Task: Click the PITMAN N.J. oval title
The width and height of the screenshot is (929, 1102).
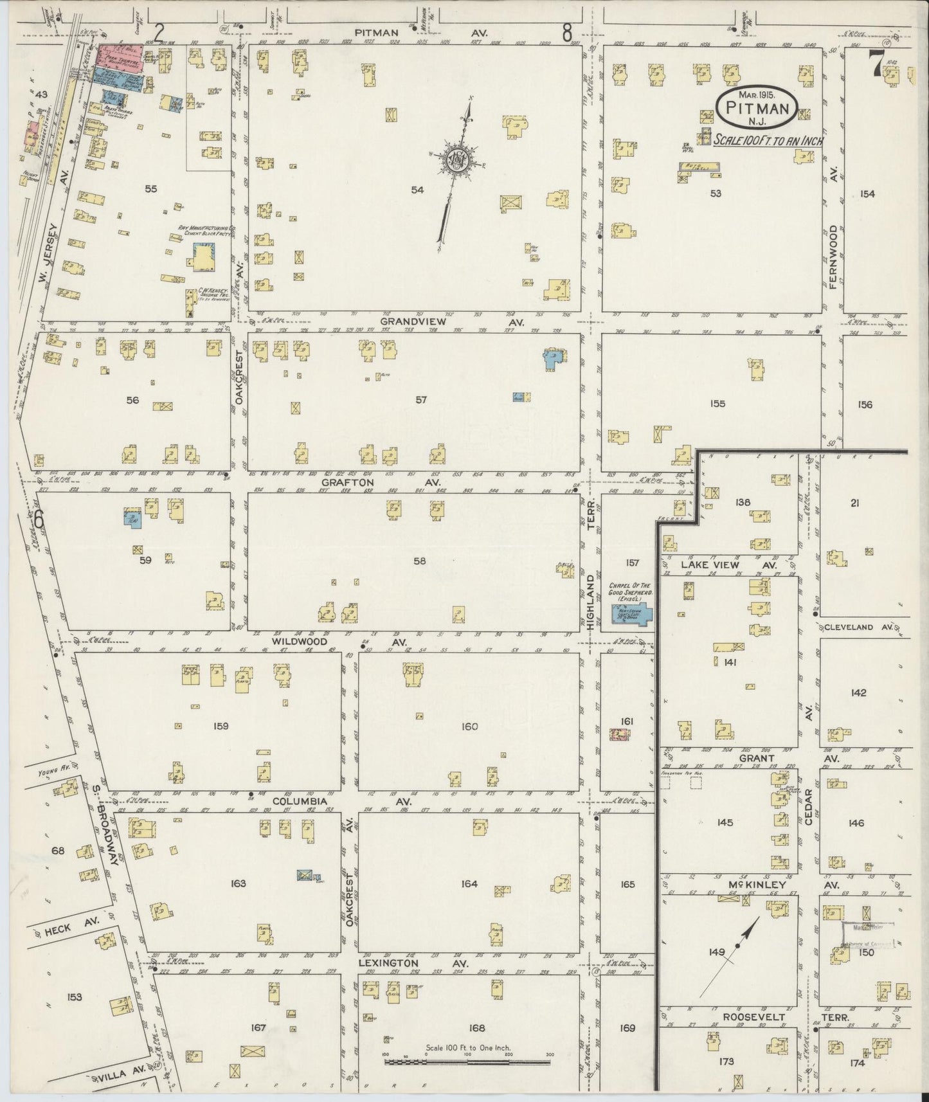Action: [759, 108]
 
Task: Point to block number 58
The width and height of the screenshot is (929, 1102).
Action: [420, 561]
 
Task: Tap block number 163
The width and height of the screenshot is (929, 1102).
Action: [238, 883]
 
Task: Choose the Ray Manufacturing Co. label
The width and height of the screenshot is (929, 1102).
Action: [206, 231]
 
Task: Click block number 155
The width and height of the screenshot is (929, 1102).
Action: [717, 404]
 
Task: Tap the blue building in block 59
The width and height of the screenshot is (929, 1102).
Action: [132, 518]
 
